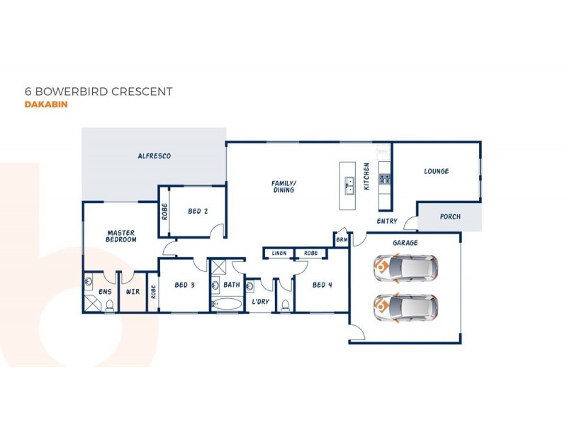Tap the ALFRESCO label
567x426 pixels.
coord(154,155)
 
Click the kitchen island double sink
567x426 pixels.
coord(348,186)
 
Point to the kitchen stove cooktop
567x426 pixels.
coord(384,179)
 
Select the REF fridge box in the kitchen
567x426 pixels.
coord(383,151)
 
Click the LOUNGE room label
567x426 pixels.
coord(436,171)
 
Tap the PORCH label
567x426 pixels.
coord(450,217)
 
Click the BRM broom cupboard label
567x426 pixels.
coord(342,240)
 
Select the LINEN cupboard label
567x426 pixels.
coord(279,253)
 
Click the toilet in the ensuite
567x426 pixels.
coord(109,306)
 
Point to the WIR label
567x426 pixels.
coord(132,291)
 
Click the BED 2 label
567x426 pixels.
coord(198,211)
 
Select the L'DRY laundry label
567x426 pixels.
coord(260,302)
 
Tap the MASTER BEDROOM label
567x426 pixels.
coord(121,236)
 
